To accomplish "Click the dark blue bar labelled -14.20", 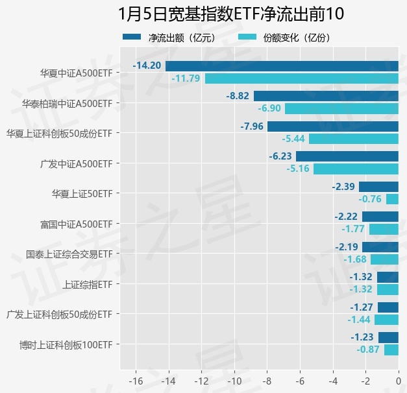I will (282, 65).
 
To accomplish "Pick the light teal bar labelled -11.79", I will (301, 78).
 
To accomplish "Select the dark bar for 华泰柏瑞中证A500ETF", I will (326, 96).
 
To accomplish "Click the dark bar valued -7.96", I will (332, 126).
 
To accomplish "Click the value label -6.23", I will (280, 156).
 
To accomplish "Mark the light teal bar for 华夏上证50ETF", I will (392, 199).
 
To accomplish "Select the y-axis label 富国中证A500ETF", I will (75, 224).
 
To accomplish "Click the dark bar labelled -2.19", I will (380, 247).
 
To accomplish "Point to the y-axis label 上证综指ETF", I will (88, 284).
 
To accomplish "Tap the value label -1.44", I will (358, 320).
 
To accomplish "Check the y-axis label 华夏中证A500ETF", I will (75, 73).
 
